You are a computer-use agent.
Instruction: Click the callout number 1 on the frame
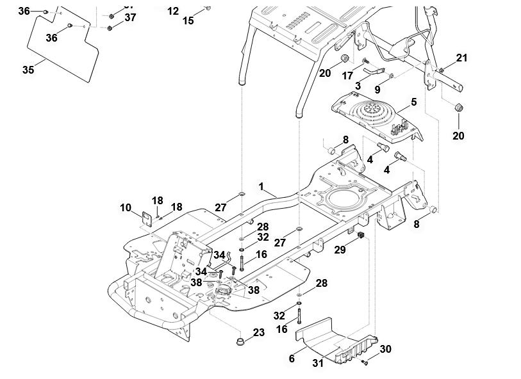261,186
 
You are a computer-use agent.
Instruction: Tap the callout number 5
413,101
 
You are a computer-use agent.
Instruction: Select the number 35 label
28,70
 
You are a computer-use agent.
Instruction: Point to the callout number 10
126,207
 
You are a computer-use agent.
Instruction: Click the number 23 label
258,332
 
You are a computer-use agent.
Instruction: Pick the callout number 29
340,250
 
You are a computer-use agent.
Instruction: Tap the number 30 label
385,349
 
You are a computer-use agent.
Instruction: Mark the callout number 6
292,359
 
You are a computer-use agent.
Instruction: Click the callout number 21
462,58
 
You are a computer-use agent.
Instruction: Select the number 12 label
173,11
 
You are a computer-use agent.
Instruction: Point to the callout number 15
188,20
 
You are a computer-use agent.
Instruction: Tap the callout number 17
347,76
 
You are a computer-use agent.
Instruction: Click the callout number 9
377,90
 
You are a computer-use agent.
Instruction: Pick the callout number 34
201,272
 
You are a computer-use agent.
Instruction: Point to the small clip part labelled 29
360,238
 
